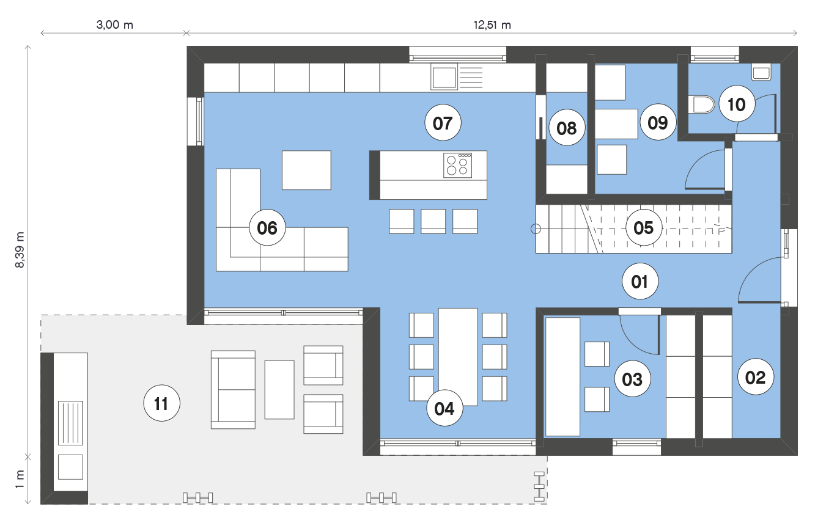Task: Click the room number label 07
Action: [x=443, y=123]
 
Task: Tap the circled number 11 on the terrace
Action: [x=161, y=404]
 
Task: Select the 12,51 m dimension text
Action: [x=492, y=25]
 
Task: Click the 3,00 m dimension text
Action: [x=115, y=24]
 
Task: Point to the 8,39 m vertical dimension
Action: [x=20, y=249]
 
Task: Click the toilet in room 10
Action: [x=701, y=104]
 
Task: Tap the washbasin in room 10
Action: [x=761, y=72]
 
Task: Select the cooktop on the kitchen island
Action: [x=457, y=165]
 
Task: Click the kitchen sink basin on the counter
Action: [x=444, y=77]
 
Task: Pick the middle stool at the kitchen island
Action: [x=433, y=221]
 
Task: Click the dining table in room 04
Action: [x=458, y=357]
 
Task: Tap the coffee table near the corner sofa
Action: [x=306, y=170]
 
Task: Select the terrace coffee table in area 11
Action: [x=279, y=390]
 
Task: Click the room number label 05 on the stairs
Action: [x=643, y=228]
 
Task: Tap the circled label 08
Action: [x=566, y=128]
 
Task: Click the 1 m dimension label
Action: [x=20, y=480]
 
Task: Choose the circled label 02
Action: [x=756, y=378]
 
